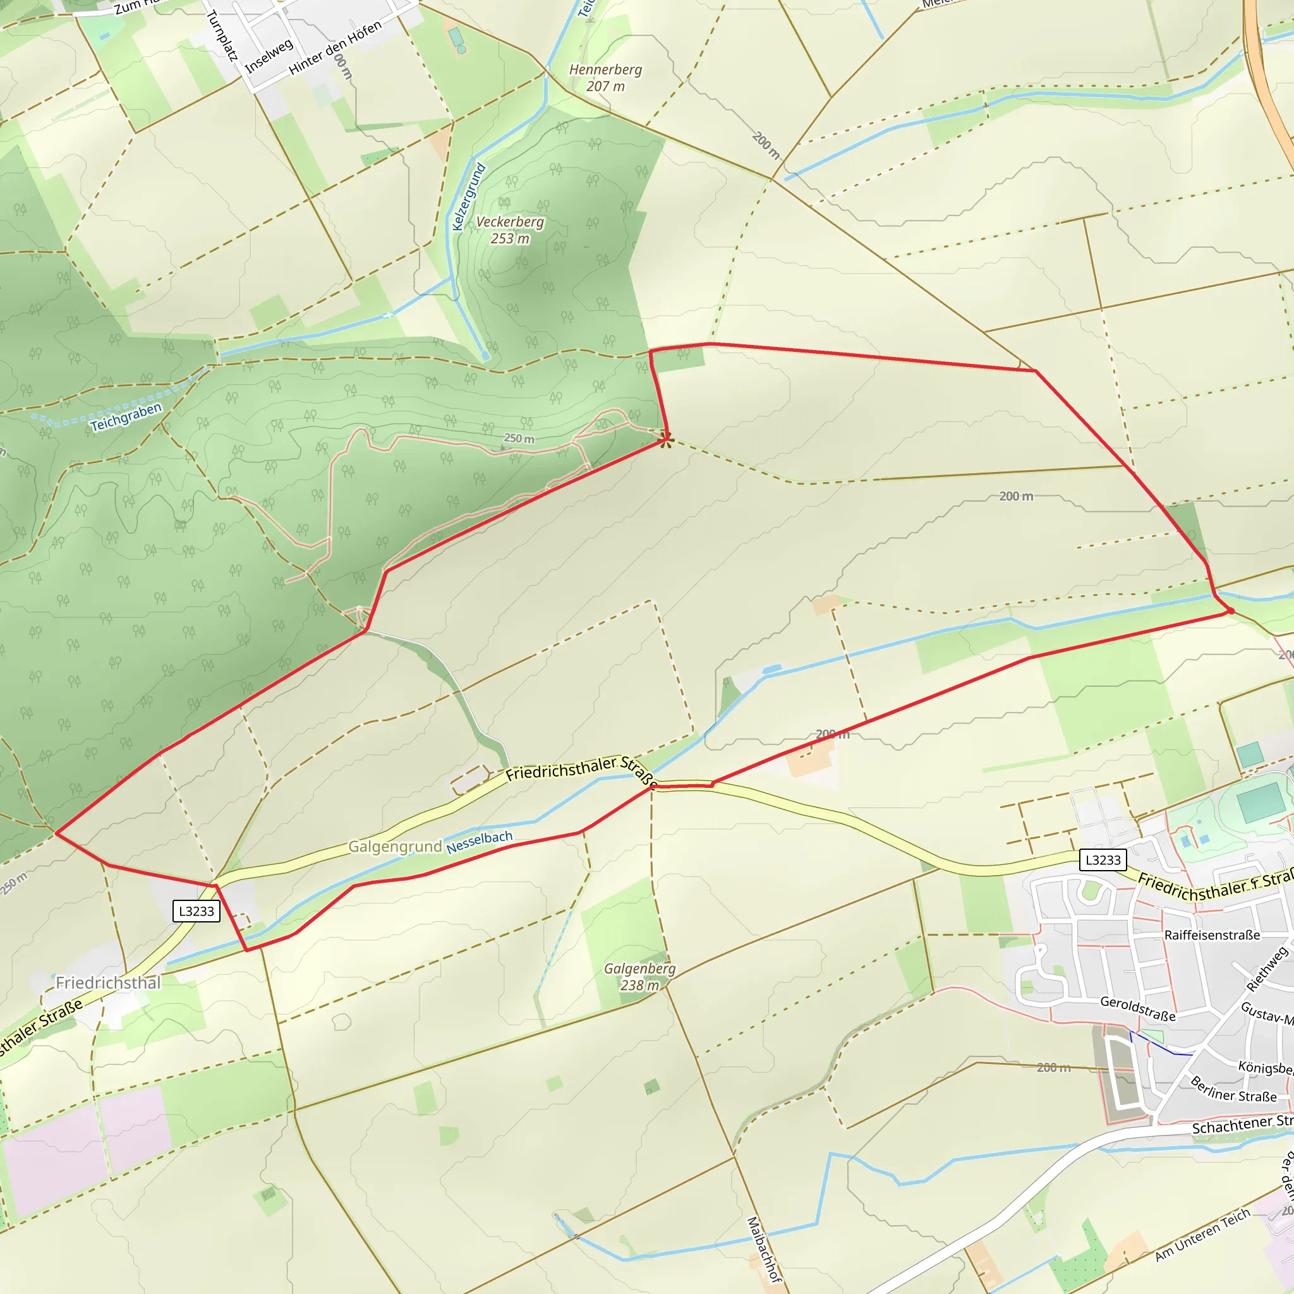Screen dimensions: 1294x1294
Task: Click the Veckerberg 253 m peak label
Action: (x=510, y=230)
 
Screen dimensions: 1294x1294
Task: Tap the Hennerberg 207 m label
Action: (x=605, y=78)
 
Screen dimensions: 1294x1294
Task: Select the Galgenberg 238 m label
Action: (x=639, y=977)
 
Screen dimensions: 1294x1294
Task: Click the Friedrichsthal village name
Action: (x=108, y=983)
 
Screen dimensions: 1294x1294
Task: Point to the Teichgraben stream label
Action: (x=126, y=416)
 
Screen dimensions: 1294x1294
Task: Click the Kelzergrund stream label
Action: (x=468, y=197)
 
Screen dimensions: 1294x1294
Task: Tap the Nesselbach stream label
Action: (x=480, y=842)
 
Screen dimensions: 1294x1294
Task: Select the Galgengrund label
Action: (x=395, y=847)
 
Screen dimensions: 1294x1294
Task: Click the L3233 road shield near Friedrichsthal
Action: (x=197, y=911)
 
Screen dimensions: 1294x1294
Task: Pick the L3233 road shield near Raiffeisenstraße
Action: (x=1103, y=860)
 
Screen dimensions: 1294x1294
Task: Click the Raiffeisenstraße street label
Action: (x=1212, y=935)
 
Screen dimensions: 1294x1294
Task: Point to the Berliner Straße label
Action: (x=1234, y=1089)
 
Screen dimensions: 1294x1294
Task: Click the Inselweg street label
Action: (x=269, y=56)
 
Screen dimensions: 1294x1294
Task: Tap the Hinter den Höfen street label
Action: (x=335, y=47)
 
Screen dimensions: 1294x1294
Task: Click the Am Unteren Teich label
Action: (x=1202, y=1243)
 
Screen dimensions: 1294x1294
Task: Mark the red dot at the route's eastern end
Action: (x=1230, y=611)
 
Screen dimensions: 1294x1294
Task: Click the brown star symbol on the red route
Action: (x=665, y=439)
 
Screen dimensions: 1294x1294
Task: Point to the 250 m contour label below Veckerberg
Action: (x=519, y=438)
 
